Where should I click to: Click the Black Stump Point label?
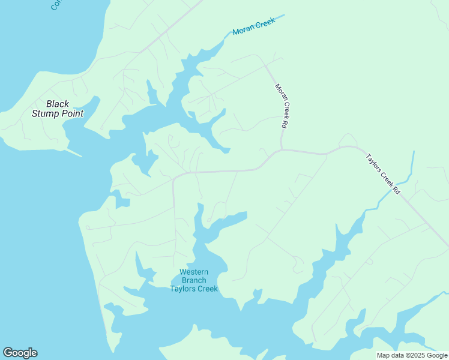tap(58, 109)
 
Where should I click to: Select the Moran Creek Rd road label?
tap(282, 106)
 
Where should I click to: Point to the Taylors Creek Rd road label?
tap(383, 174)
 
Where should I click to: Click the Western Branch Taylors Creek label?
tap(193, 280)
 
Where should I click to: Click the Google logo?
tap(20, 353)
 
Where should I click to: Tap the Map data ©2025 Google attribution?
tap(412, 355)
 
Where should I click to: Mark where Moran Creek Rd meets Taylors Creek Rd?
tap(282, 150)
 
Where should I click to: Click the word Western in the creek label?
tap(193, 272)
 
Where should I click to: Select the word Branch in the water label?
tap(193, 280)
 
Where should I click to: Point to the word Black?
tap(58, 104)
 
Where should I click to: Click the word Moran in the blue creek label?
tap(244, 31)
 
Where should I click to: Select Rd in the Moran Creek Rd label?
tap(283, 125)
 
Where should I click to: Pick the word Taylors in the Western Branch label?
tap(182, 289)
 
